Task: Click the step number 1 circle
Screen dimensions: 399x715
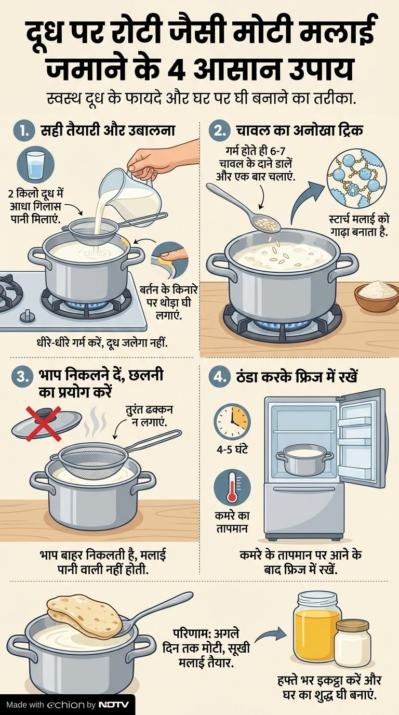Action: pyautogui.click(x=24, y=131)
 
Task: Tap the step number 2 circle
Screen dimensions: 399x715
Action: pyautogui.click(x=220, y=131)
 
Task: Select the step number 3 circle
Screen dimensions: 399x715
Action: pyautogui.click(x=22, y=376)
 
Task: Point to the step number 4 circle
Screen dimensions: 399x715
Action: pyautogui.click(x=220, y=376)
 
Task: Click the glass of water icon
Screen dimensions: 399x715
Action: pyautogui.click(x=36, y=164)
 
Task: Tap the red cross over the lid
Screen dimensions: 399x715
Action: pyautogui.click(x=43, y=423)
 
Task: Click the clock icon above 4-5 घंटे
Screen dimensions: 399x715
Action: pyautogui.click(x=232, y=421)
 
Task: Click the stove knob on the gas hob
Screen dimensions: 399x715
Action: pyautogui.click(x=28, y=315)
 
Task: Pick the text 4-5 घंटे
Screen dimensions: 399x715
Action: pyautogui.click(x=232, y=449)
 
